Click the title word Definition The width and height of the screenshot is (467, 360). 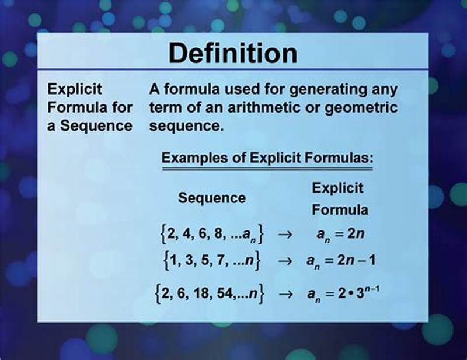click(x=233, y=54)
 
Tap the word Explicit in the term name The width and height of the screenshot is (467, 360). click(x=75, y=90)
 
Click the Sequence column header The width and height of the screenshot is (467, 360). click(x=212, y=198)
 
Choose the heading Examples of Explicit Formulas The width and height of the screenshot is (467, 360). click(x=267, y=158)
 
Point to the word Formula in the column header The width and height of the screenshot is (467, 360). click(x=339, y=209)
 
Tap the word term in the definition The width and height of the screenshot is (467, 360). click(x=164, y=108)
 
